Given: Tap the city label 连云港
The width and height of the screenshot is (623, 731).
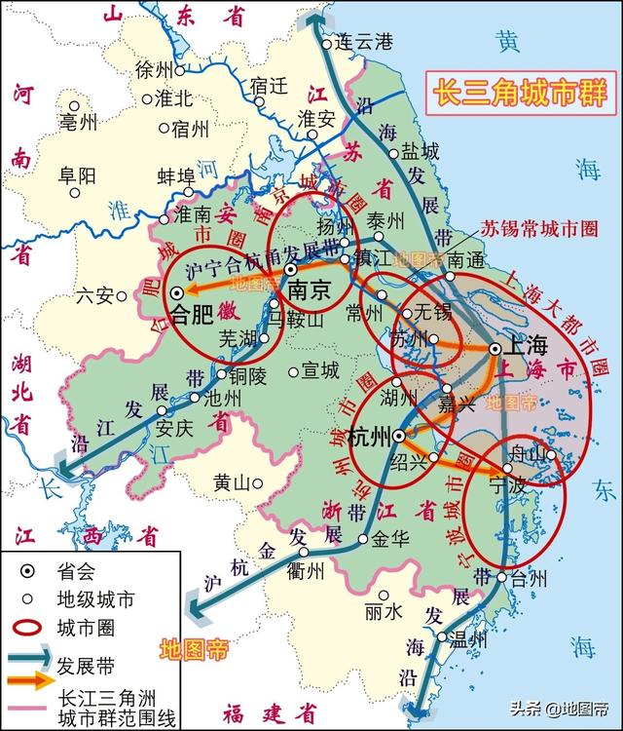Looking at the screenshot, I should [x=362, y=42].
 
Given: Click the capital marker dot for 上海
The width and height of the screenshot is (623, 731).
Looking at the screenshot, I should [x=495, y=348].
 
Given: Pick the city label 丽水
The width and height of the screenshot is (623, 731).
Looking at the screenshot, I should [x=383, y=612].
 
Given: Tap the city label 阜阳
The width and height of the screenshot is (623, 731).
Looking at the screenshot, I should [x=77, y=175].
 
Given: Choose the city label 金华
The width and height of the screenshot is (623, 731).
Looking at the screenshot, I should [x=387, y=537].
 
